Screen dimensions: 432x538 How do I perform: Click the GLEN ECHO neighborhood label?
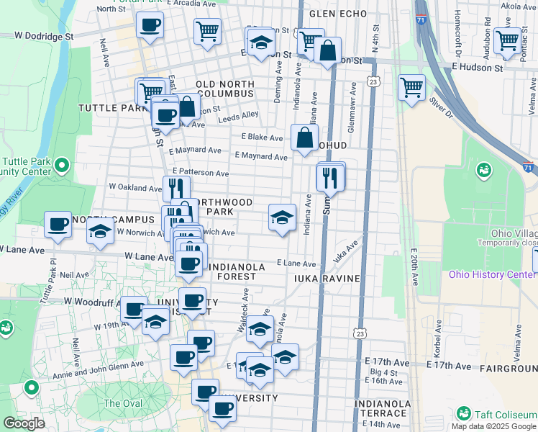point(333,14)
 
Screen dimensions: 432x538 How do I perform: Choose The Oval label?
point(122,403)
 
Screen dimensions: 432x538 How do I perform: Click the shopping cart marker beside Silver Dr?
point(411,87)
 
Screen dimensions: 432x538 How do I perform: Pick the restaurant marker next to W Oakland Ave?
point(175,188)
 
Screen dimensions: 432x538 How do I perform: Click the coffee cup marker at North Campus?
point(58,223)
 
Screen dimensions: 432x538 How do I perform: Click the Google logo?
point(24,423)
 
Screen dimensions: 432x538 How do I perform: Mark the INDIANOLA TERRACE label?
point(381,408)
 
